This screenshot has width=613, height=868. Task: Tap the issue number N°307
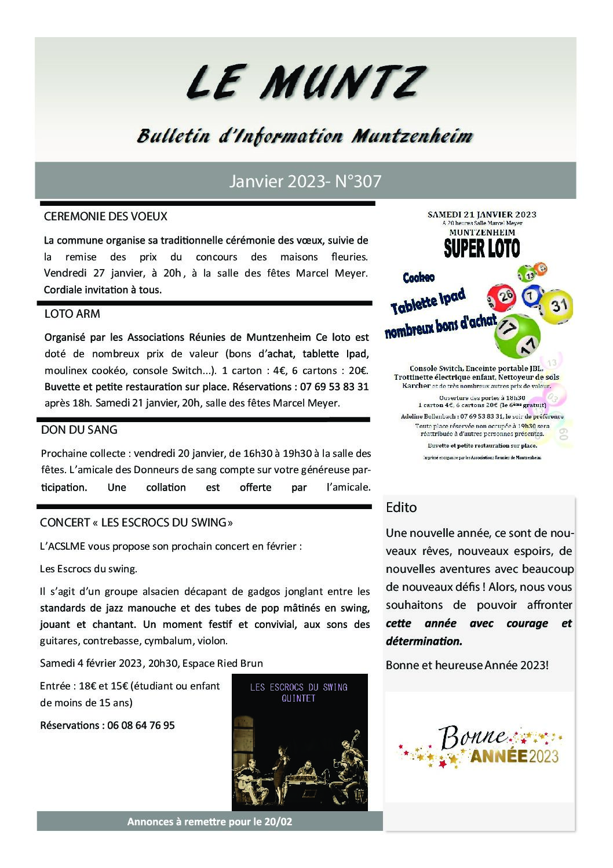point(358,181)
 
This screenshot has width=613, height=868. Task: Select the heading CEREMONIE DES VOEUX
point(105,216)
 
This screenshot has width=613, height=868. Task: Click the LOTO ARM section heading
point(72,314)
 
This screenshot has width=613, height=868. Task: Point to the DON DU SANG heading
point(79,430)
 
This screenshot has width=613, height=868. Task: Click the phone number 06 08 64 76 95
point(141,725)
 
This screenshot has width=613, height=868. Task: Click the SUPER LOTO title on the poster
point(481,248)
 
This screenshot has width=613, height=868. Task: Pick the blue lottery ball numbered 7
point(532,296)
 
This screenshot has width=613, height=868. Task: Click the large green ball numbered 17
point(517,336)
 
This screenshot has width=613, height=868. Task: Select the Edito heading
point(401,507)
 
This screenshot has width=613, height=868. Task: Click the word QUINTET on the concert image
point(298,698)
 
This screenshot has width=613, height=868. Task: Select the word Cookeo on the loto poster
point(418,278)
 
